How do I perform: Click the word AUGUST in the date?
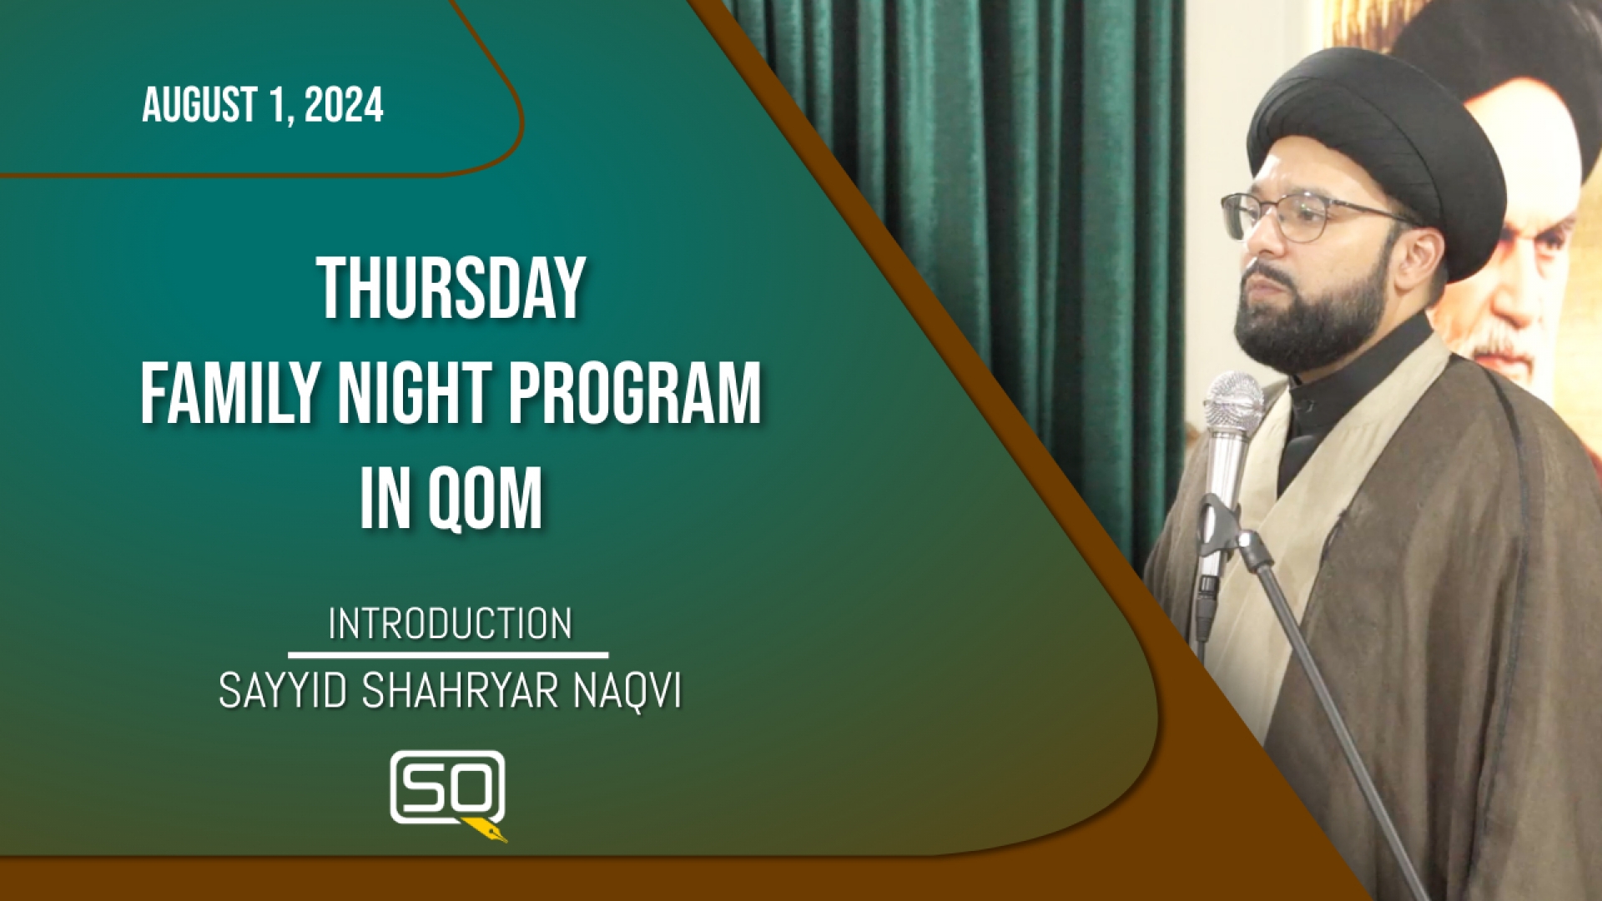coord(200,106)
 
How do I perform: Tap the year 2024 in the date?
coord(344,105)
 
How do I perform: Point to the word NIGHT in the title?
coord(415,394)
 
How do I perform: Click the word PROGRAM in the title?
coord(635,394)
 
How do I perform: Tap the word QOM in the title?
coord(485,500)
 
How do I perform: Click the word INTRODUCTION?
coord(450,624)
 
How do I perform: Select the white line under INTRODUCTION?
coord(448,656)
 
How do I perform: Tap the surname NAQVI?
coord(627,692)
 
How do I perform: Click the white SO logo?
coord(447,787)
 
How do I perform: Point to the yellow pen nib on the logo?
coord(486,830)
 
